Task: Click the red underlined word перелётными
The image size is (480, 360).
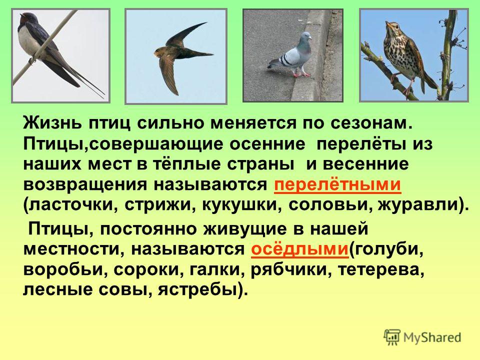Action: point(337,184)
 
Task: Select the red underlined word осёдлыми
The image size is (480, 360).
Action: point(299,249)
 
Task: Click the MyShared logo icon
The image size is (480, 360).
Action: point(392,337)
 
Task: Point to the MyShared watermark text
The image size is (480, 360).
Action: point(432,337)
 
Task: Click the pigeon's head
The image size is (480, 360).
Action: point(304,37)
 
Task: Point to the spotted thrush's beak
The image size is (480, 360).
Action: point(387,24)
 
